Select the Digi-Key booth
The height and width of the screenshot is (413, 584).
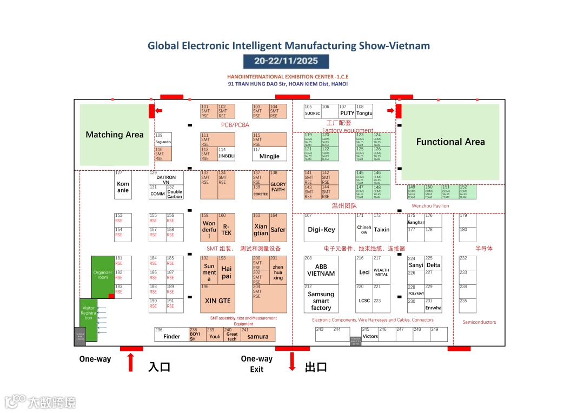[321, 229]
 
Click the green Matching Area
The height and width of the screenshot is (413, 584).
[114, 135]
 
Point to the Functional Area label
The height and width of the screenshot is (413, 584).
[450, 142]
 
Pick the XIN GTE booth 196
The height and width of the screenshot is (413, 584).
[217, 300]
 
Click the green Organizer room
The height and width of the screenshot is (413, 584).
[103, 275]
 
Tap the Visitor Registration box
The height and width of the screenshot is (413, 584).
[88, 314]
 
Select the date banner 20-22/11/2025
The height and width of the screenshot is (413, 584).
[286, 61]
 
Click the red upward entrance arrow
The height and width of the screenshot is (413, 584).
[130, 362]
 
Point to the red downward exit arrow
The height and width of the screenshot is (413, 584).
[293, 361]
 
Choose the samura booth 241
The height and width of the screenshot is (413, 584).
[258, 336]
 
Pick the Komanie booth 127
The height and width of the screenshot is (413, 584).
[123, 186]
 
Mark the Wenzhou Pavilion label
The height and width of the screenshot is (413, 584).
[430, 206]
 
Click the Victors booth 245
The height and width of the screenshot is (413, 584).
[370, 335]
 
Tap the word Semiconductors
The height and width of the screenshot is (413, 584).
[479, 322]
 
